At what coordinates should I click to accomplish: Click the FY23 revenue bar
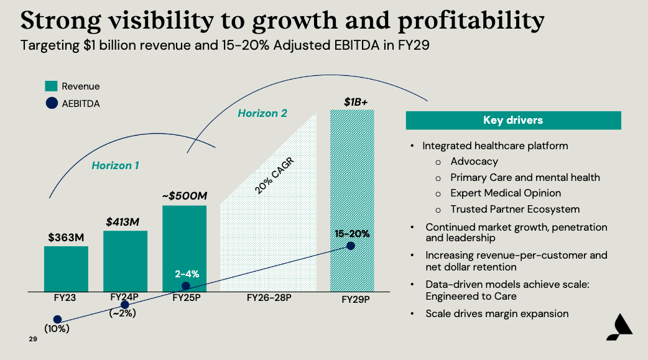66,269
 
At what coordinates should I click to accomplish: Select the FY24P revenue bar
125,261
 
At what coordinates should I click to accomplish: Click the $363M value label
66,237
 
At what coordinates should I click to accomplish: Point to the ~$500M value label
184,196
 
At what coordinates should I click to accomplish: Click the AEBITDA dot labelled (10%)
58,320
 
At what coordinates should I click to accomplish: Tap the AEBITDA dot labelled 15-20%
351,246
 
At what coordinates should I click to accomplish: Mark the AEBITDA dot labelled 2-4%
185,286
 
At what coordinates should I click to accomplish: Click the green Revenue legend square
51,86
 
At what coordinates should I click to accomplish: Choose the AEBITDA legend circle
51,104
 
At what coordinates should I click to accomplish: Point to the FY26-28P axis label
269,298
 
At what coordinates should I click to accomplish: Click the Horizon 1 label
115,165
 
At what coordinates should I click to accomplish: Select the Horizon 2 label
262,113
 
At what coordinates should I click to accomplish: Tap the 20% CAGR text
274,177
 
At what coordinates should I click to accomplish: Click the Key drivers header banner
513,121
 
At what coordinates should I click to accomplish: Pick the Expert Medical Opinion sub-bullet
506,193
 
